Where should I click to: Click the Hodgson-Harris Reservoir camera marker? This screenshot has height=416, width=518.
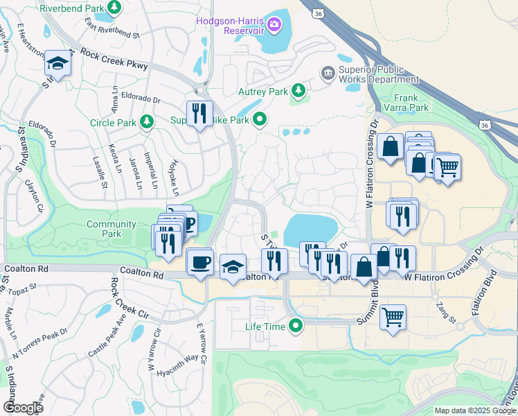click(x=275, y=26)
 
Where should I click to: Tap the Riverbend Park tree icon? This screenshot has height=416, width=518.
click(x=115, y=8)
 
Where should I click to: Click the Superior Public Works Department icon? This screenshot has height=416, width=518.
click(x=328, y=72)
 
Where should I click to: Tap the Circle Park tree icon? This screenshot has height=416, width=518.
click(x=146, y=123)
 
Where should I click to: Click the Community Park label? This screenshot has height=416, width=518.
click(x=111, y=229)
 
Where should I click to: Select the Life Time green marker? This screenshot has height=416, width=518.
click(x=297, y=325)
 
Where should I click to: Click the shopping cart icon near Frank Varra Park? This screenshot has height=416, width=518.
click(x=447, y=166)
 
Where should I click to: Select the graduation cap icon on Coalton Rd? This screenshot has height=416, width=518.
click(x=233, y=267)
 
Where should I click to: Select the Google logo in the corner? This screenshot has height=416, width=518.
click(x=23, y=408)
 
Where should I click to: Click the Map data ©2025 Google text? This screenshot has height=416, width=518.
click(x=474, y=410)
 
